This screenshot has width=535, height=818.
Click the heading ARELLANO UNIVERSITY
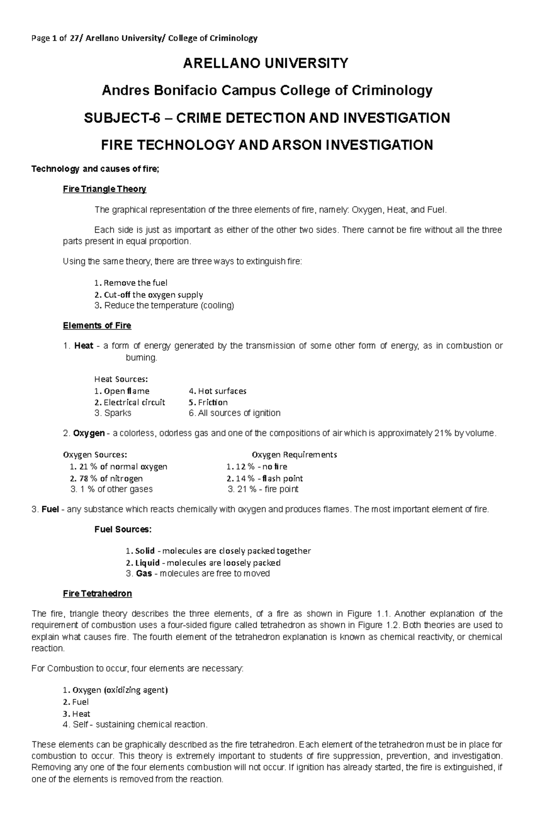(265, 64)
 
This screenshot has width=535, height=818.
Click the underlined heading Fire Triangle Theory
(104, 189)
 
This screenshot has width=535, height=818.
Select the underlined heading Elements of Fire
(97, 325)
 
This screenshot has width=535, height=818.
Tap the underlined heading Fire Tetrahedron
(97, 594)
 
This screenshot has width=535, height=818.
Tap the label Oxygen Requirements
(294, 455)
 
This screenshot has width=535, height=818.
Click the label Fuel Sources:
(123, 530)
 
